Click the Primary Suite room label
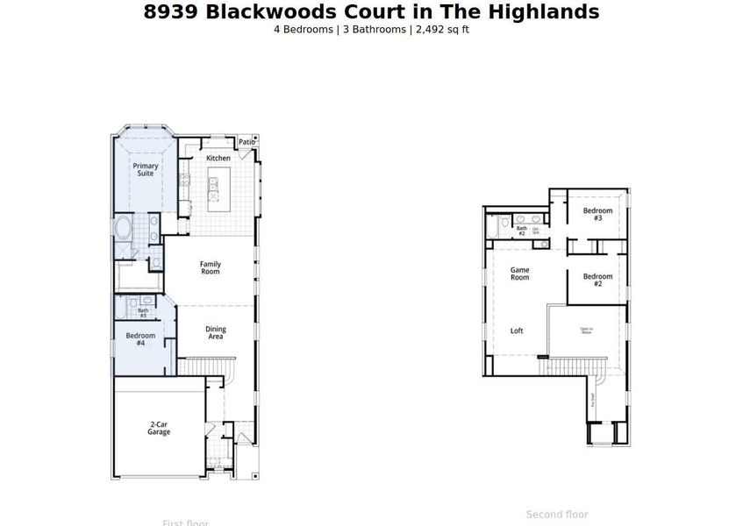145,169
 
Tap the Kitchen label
218,158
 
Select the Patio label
246,142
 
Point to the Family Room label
210,267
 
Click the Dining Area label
215,333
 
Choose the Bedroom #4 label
140,339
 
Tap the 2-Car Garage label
158,428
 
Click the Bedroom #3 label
597,215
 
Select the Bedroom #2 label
597,281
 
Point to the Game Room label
520,274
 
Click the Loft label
517,331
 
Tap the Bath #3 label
143,312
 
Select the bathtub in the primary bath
124,232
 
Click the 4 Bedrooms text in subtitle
303,29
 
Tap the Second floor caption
557,515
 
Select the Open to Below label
586,331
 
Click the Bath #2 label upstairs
521,231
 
